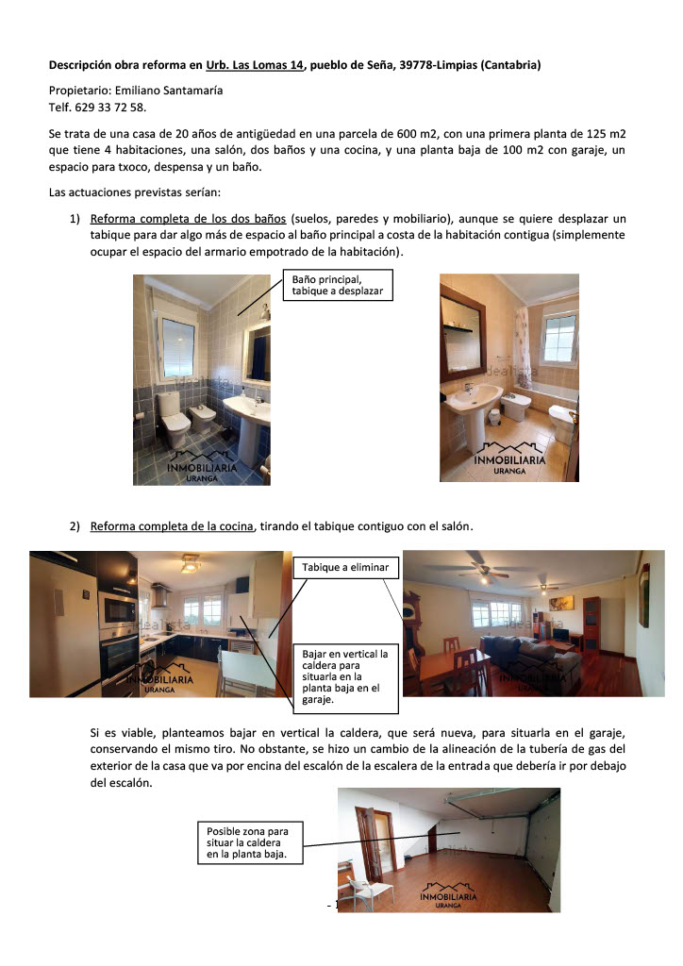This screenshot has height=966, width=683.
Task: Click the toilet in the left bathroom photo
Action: pyautogui.click(x=173, y=421)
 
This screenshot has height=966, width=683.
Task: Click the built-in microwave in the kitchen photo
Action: pyautogui.click(x=117, y=610)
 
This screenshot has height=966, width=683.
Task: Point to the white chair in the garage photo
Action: pyautogui.click(x=356, y=890)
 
